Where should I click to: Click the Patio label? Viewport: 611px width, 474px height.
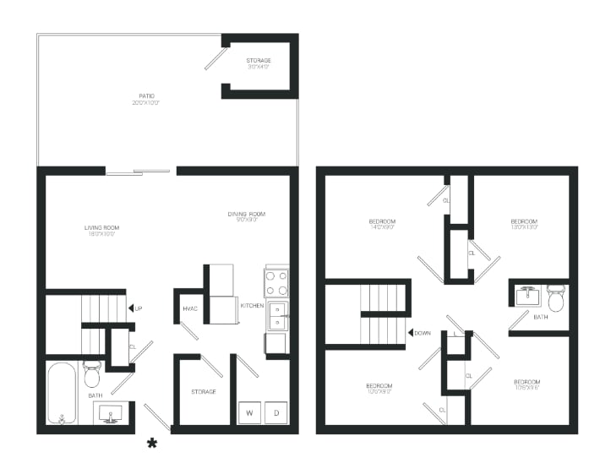click(x=145, y=99)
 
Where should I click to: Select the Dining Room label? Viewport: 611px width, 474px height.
click(x=246, y=217)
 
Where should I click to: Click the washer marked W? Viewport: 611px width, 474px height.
click(x=250, y=412)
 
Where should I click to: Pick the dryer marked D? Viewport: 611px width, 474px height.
click(x=275, y=412)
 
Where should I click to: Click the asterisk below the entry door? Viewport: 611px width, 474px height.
click(x=153, y=443)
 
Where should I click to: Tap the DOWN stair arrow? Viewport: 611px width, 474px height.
click(x=412, y=333)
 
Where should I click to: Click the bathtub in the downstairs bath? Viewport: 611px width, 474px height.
click(x=62, y=392)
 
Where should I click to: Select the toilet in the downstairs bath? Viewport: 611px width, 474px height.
click(x=92, y=374)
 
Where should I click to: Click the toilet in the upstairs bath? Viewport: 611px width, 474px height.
click(x=555, y=299)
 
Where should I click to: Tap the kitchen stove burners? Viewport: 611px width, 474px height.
click(x=276, y=281)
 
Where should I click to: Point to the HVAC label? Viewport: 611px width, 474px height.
click(x=189, y=309)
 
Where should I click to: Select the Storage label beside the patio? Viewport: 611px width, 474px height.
click(x=259, y=64)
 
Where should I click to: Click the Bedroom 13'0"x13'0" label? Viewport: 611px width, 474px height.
click(x=523, y=224)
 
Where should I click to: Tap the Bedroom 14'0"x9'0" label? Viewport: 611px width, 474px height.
click(x=382, y=224)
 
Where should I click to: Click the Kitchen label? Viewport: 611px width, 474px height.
click(x=252, y=305)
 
